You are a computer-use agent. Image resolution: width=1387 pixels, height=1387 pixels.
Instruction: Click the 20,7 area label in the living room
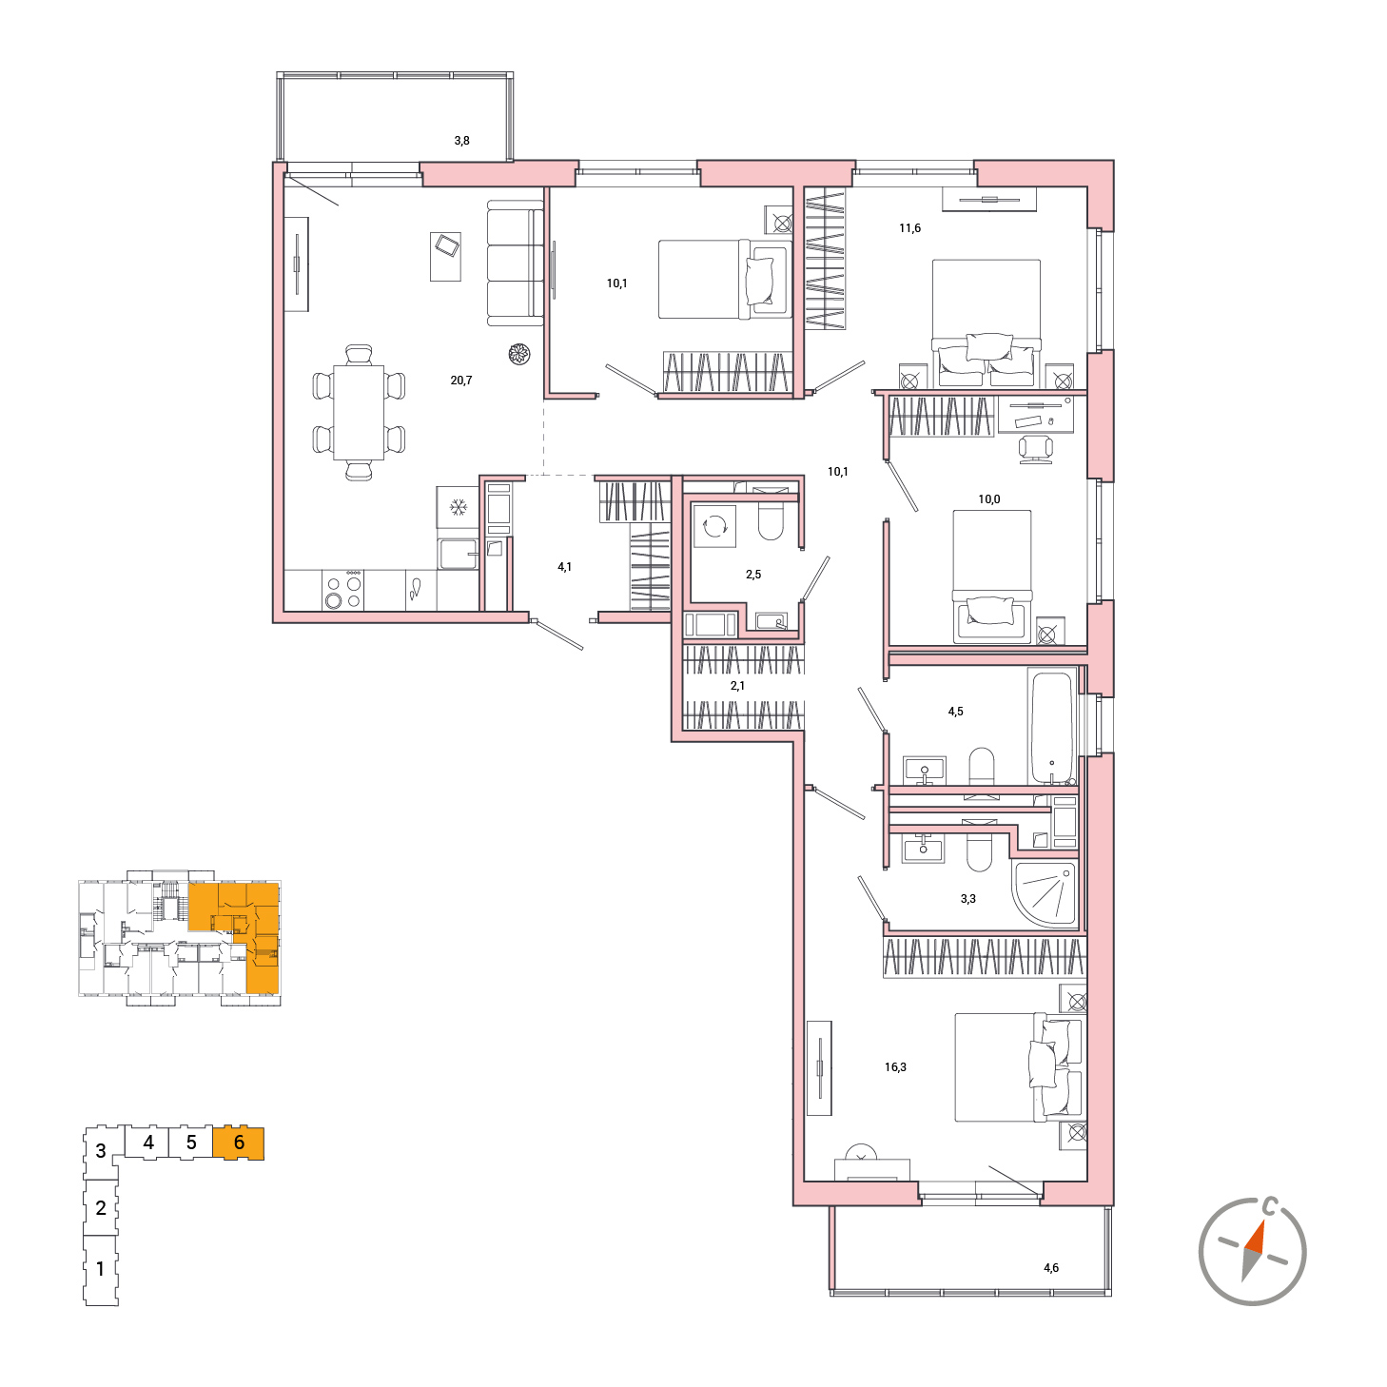click(x=460, y=380)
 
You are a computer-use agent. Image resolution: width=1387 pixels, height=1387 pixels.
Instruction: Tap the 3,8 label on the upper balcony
click(x=461, y=141)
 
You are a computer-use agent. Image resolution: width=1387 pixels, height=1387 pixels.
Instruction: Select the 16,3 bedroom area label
click(x=894, y=1066)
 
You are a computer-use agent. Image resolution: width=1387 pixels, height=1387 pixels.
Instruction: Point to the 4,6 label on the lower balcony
click(x=1050, y=1267)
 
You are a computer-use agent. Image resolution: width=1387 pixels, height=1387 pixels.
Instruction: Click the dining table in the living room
click(x=359, y=413)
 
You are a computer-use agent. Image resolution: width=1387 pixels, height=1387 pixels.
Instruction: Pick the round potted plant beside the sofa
click(x=519, y=353)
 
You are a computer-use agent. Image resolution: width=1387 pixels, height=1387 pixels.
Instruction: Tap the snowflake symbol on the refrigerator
click(x=458, y=507)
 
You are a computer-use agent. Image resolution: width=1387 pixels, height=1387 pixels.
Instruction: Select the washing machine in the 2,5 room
click(x=714, y=526)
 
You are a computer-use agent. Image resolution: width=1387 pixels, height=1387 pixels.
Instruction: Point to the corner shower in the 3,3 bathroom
click(x=1045, y=892)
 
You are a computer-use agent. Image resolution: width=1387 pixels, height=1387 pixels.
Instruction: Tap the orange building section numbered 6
click(x=239, y=1143)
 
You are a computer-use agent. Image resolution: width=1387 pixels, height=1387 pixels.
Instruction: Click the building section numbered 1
click(x=101, y=1269)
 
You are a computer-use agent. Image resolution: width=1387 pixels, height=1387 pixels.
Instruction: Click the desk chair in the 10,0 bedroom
click(x=1035, y=449)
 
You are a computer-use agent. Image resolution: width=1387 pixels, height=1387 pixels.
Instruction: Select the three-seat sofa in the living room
click(x=516, y=263)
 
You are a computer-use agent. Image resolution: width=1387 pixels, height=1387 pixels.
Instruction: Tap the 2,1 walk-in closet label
click(x=737, y=685)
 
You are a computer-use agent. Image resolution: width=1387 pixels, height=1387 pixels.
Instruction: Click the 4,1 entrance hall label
click(x=564, y=566)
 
